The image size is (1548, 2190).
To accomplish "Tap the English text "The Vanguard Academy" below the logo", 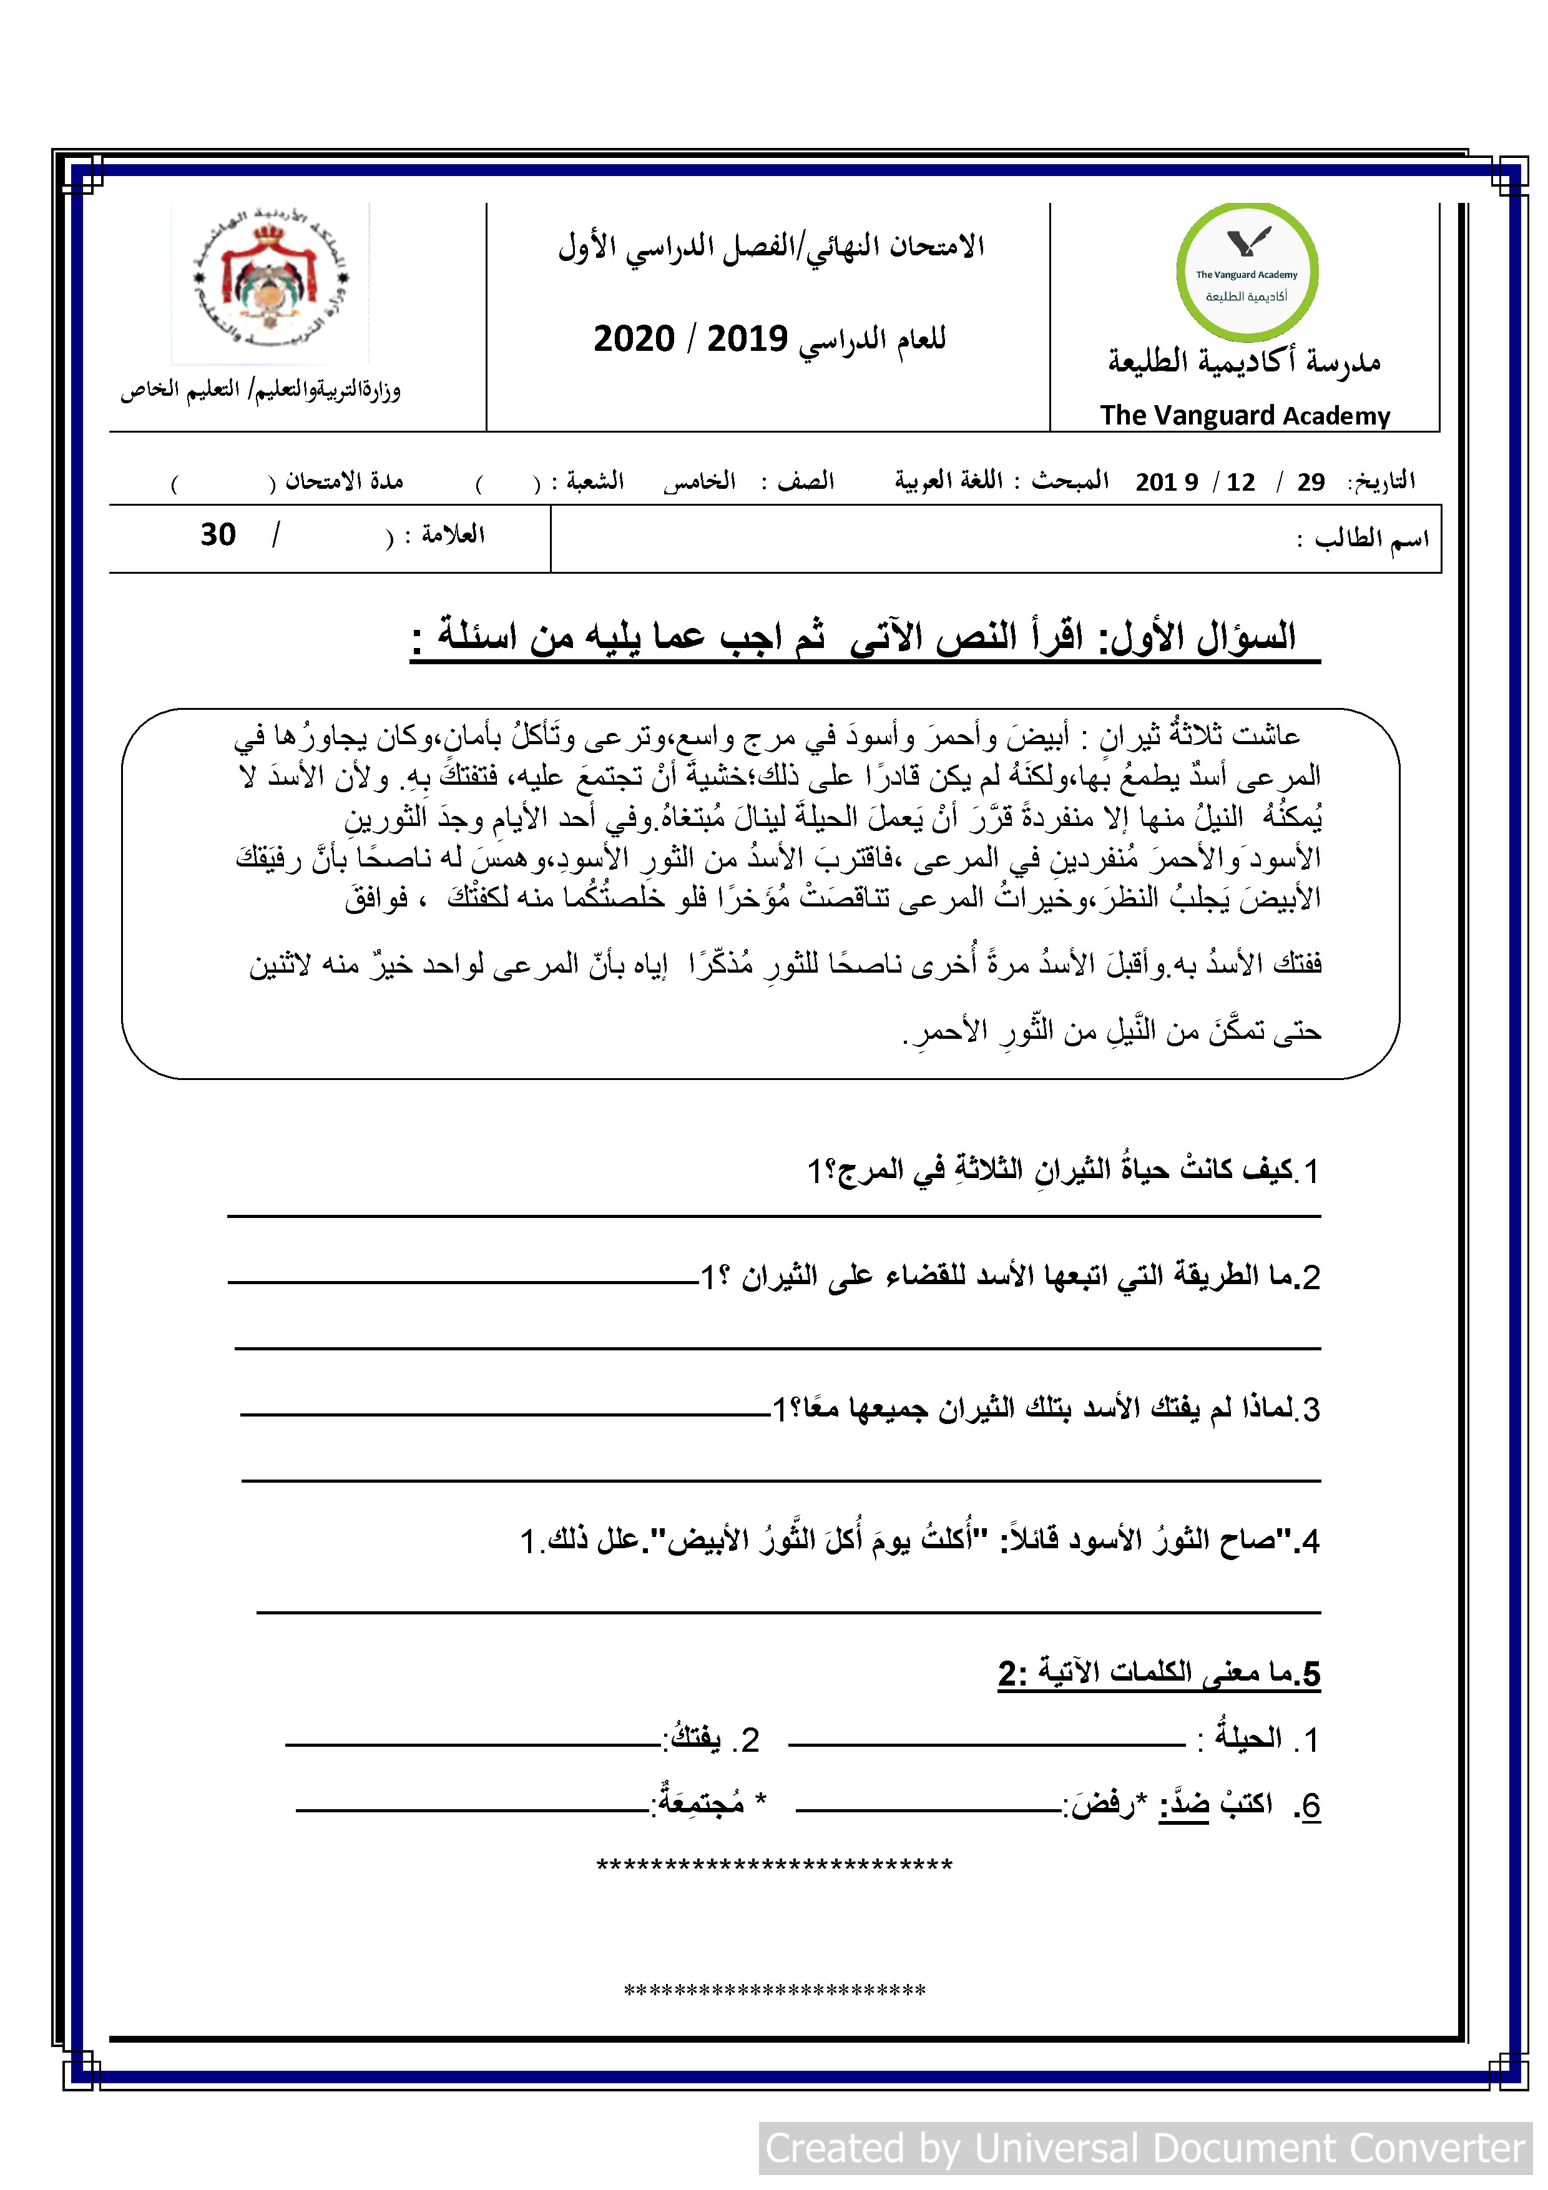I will pyautogui.click(x=1245, y=416).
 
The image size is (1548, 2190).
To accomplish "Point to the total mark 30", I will pyautogui.click(x=218, y=535).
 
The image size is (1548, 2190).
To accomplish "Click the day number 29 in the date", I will pyautogui.click(x=1311, y=483).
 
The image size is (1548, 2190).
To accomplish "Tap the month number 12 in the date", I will pyautogui.click(x=1240, y=483).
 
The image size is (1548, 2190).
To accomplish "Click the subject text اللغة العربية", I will pyautogui.click(x=948, y=480).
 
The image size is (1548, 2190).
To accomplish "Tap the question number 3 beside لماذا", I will pyautogui.click(x=1311, y=1410).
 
